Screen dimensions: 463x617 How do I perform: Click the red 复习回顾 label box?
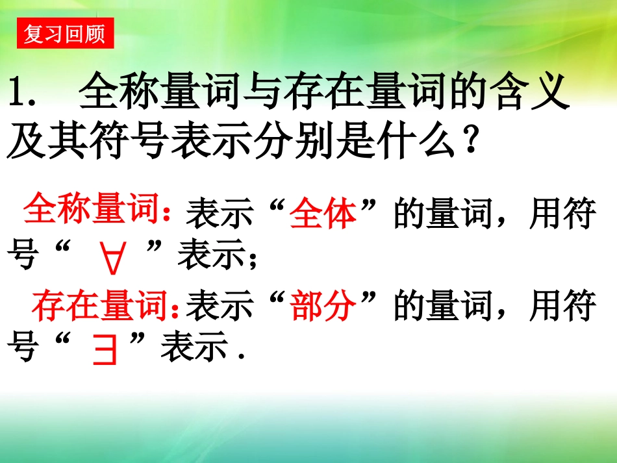(x=64, y=33)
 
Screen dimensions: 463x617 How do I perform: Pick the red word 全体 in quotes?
(x=323, y=215)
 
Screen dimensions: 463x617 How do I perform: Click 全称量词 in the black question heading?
(x=152, y=95)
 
